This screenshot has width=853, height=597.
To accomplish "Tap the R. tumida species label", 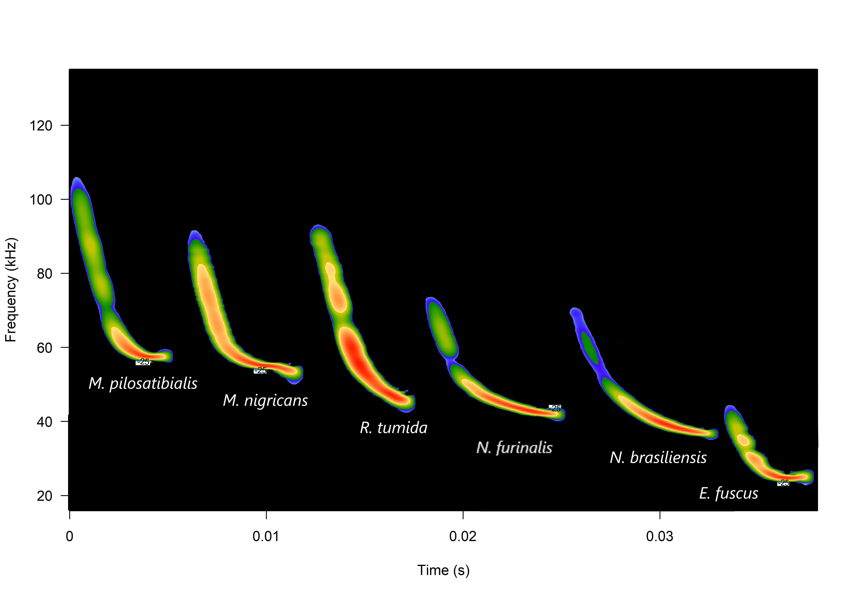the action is pos(393,428).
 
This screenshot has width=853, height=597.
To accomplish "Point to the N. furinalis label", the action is pos(514,448).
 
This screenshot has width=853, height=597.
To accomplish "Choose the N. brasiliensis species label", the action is pos(658,457).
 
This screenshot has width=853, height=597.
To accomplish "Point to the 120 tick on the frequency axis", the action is pos(41,126).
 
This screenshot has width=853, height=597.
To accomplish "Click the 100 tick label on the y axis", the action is pos(41,200).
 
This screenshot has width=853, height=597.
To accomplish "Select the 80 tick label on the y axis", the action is pos(44,273).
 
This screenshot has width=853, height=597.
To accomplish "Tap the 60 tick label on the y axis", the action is pos(44,348).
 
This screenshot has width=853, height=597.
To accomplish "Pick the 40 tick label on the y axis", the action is pos(44,422).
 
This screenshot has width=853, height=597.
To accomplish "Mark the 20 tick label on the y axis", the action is pos(44,496).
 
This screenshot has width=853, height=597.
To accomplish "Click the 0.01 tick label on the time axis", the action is pos(266,536).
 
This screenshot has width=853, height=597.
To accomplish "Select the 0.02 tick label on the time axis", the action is pos(463,536).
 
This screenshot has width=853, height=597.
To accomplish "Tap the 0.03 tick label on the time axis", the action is pos(660,536).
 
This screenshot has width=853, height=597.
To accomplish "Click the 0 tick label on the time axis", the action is pos(69,536).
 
